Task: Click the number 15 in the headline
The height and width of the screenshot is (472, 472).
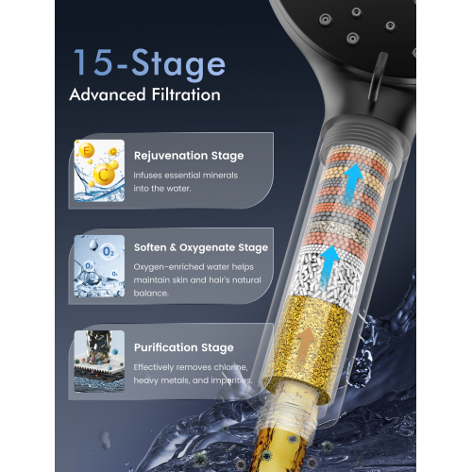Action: coord(93,62)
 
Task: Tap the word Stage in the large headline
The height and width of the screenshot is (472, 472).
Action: coord(178,64)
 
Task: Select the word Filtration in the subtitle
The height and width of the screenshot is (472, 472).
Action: coord(186,94)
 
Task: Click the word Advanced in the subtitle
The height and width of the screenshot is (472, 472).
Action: coord(108,94)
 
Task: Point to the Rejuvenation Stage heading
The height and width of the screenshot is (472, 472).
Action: coord(189,156)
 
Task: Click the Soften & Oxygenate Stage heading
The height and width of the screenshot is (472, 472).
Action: coord(201,247)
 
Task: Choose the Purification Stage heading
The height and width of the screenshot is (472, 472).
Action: coord(184,347)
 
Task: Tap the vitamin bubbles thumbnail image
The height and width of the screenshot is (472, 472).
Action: coord(99,171)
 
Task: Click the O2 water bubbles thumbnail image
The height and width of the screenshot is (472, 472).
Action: coord(99,266)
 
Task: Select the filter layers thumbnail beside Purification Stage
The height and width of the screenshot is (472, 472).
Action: coord(99,362)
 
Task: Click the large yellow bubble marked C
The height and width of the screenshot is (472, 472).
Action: coord(103,175)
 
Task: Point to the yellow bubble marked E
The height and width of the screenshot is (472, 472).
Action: coord(86,150)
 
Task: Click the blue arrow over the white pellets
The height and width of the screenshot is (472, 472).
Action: coord(329,267)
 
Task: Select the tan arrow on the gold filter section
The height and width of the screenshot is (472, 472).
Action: coord(305,346)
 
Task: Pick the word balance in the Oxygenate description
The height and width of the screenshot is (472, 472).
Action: coord(150,294)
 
